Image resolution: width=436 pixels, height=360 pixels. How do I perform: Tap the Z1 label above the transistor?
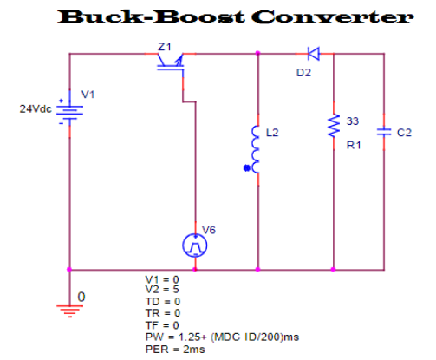tap(165, 44)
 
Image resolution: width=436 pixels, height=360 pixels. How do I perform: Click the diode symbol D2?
tap(314, 54)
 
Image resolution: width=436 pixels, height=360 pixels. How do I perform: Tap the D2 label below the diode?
tap(303, 73)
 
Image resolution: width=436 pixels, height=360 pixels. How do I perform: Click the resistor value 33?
tap(352, 119)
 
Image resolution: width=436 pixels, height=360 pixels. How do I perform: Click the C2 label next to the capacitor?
tap(404, 133)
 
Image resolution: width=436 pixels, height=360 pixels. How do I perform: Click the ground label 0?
tap(82, 297)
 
